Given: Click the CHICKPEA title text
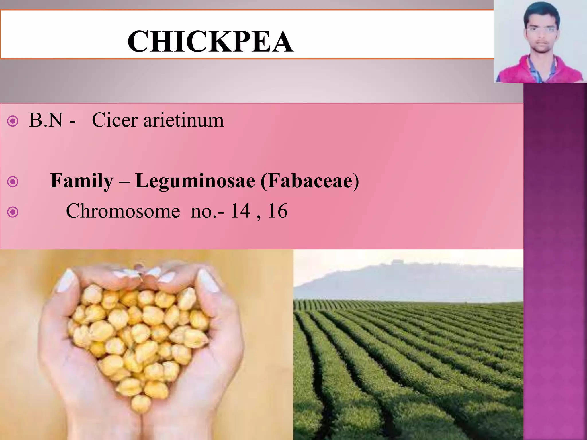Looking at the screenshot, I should click(210, 42).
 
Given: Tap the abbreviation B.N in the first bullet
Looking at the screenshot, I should click(46, 120).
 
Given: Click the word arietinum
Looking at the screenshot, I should click(183, 120).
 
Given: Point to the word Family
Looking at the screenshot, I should click(82, 181).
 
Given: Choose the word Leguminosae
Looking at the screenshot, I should click(195, 181).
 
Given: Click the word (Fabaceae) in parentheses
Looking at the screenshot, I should click(310, 181).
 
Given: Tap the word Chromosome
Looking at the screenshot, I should click(123, 211).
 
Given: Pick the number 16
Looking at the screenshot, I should click(277, 211).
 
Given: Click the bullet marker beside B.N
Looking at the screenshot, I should click(13, 121).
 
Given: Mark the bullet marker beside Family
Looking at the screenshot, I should click(13, 182).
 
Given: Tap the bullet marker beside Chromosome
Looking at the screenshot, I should click(13, 212).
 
